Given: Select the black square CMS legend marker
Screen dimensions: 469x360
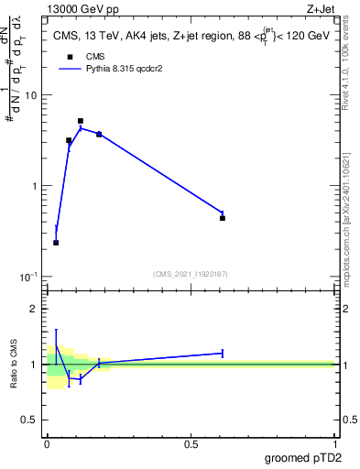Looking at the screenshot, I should [x=69, y=56].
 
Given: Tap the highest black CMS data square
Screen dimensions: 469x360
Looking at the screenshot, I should [x=81, y=121].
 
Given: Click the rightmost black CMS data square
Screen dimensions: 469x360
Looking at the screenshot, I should [x=223, y=218].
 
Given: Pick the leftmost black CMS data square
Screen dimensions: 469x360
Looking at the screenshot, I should [x=56, y=243].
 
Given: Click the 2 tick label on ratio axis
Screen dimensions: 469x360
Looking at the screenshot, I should [x=34, y=309].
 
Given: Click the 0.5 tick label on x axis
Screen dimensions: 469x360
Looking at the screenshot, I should [x=191, y=443].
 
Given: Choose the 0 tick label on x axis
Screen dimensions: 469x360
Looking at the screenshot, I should [x=47, y=443].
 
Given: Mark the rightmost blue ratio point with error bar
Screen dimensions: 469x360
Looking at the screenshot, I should [x=223, y=353].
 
